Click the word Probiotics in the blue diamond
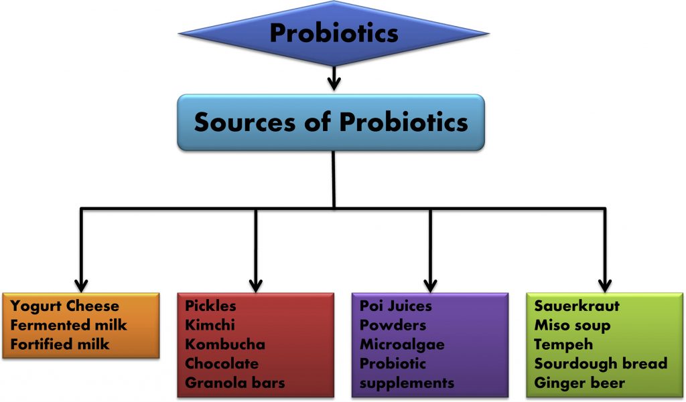pyautogui.click(x=334, y=33)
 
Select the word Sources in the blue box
pyautogui.click(x=245, y=122)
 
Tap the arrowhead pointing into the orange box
pyautogui.click(x=81, y=286)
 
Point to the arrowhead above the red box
pyautogui.click(x=255, y=286)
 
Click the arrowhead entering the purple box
pyautogui.click(x=431, y=286)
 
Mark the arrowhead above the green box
pyautogui.click(x=605, y=286)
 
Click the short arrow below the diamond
pyautogui.click(x=334, y=78)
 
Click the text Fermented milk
pyautogui.click(x=69, y=325)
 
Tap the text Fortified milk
pyautogui.click(x=60, y=344)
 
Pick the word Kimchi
pyautogui.click(x=210, y=325)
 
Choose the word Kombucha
pyautogui.click(x=225, y=344)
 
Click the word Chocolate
pyautogui.click(x=222, y=364)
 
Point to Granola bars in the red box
pyautogui.click(x=235, y=383)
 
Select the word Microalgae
pyautogui.click(x=402, y=345)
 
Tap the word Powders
pyautogui.click(x=393, y=325)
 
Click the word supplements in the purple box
pyautogui.click(x=407, y=384)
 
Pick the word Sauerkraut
pyautogui.click(x=577, y=306)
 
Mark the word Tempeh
pyautogui.click(x=563, y=345)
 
